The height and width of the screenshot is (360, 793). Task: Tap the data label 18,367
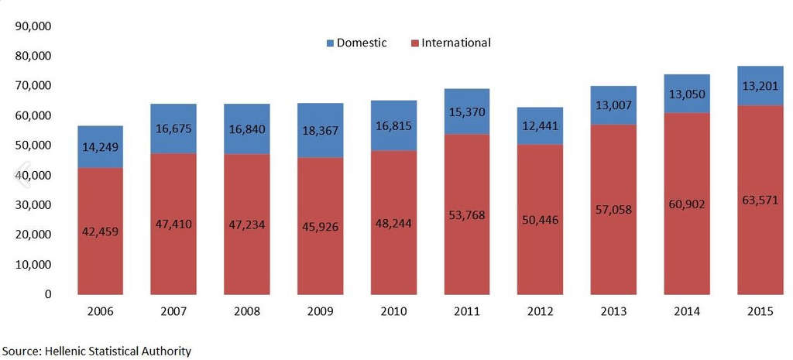click(x=320, y=130)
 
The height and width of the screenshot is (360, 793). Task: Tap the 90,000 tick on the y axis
click(x=33, y=26)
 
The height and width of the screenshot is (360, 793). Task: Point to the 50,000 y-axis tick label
click(x=33, y=146)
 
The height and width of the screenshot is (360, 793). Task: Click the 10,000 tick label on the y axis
click(x=33, y=265)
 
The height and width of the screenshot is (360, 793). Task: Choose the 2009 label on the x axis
click(x=320, y=312)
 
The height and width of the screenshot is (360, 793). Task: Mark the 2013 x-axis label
click(x=613, y=312)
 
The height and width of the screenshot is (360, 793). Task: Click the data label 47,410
click(x=173, y=225)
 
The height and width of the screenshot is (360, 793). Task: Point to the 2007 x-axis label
click(x=173, y=312)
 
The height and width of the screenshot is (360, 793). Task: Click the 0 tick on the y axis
click(x=47, y=294)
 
